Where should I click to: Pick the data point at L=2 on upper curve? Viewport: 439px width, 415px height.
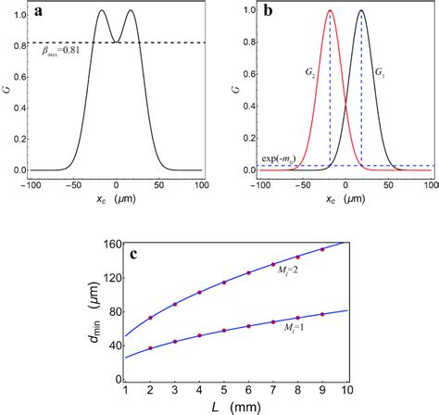click(x=150, y=318)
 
